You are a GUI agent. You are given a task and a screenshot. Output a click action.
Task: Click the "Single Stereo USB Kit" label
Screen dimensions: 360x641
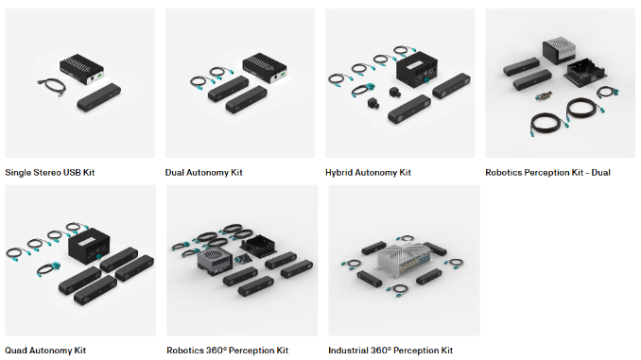49,173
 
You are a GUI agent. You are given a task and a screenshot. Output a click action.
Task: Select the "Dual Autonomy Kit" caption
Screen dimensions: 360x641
203,173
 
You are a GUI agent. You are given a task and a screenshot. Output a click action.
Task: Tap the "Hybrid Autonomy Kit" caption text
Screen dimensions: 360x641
368,173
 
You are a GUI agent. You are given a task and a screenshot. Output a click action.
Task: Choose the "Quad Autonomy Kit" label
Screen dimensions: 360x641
44,350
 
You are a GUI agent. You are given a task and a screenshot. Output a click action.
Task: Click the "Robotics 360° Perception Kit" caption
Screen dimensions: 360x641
227,350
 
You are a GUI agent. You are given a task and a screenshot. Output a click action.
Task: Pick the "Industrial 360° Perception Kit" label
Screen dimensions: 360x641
390,350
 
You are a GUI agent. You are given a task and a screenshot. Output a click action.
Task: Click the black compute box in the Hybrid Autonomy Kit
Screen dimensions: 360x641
416,69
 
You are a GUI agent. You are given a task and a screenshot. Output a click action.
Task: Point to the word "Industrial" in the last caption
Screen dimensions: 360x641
347,350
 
